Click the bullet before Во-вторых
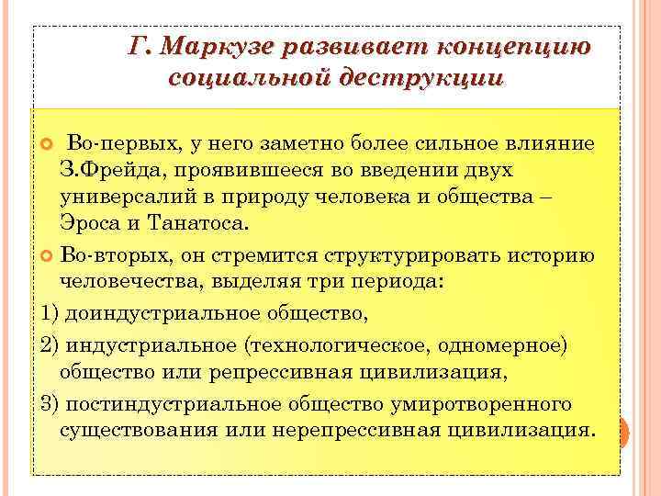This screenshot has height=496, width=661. click(49, 254)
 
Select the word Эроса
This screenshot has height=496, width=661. click(88, 224)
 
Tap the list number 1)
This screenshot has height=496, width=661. click(50, 314)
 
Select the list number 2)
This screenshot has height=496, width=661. click(50, 344)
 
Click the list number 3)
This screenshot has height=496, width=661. click(50, 404)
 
